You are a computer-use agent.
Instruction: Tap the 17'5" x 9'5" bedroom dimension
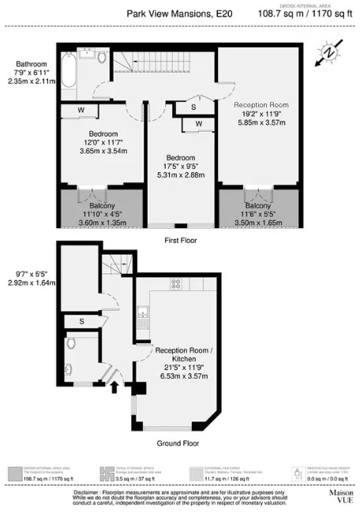(181, 166)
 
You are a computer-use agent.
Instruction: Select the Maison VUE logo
(341, 495)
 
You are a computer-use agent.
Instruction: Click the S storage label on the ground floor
(81, 321)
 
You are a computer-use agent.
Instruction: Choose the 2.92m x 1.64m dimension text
(31, 279)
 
